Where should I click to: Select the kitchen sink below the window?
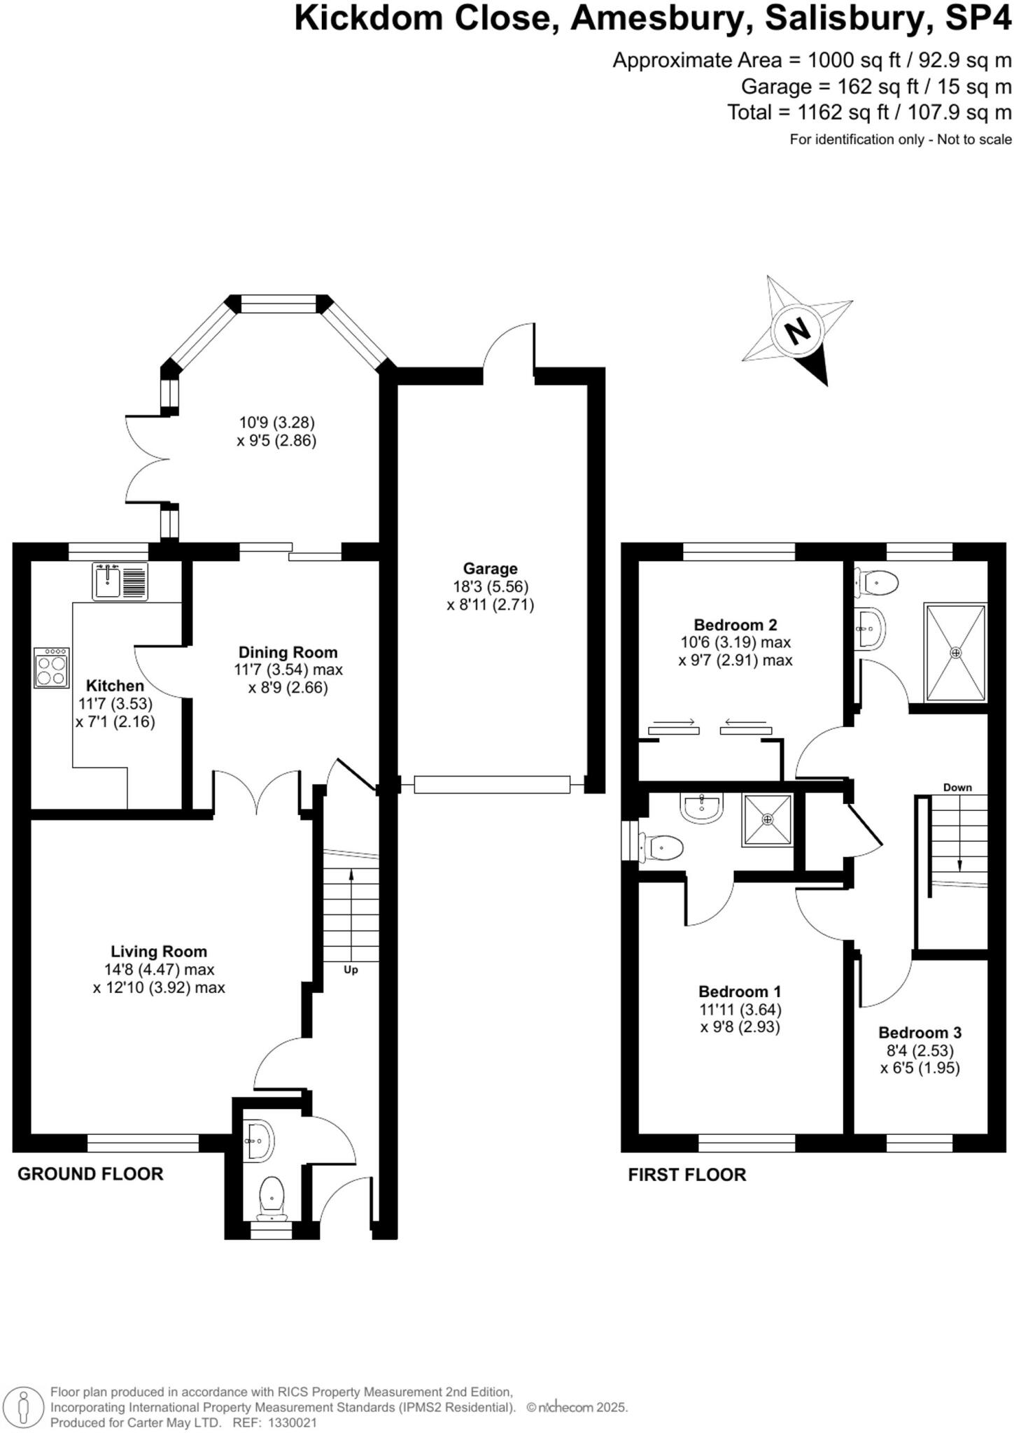(x=120, y=581)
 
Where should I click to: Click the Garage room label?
(x=490, y=569)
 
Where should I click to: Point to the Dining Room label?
(x=288, y=652)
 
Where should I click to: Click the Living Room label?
(x=159, y=951)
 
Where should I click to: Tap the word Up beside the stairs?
(x=351, y=970)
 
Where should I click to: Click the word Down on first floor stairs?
(x=957, y=787)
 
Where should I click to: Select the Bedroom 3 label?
(x=920, y=1032)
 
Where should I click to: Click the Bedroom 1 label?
(x=740, y=991)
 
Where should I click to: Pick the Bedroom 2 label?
(x=735, y=624)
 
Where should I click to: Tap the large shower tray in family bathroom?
(x=955, y=652)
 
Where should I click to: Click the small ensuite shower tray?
(x=768, y=819)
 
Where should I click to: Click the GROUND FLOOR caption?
(x=90, y=1173)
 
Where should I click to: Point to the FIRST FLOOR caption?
(x=686, y=1174)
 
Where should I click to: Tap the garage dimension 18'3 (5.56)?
(x=490, y=586)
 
